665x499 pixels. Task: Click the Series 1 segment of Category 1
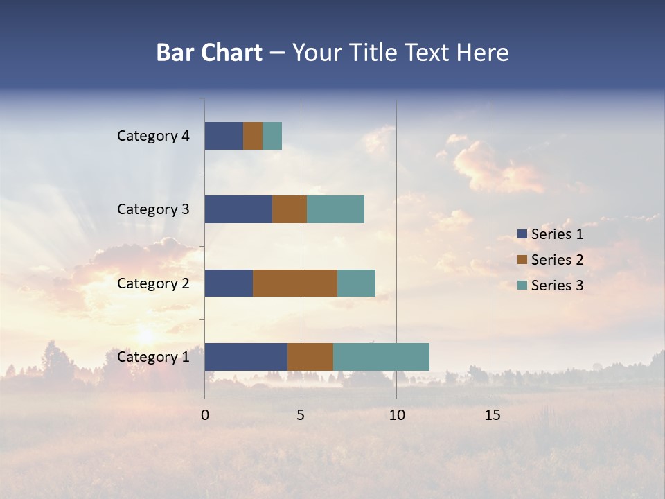tap(246, 356)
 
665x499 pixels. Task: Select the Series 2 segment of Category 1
tap(310, 356)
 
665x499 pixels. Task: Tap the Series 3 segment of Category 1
tap(381, 356)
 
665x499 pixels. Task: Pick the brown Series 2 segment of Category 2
tap(295, 283)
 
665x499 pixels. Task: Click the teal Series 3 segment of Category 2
tap(356, 283)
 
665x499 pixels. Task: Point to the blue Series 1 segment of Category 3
tap(238, 209)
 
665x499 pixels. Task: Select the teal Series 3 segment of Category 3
tap(335, 209)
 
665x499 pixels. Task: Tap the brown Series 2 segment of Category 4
tap(253, 136)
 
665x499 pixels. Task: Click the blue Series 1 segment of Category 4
tap(224, 136)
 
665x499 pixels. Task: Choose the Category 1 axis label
tap(153, 357)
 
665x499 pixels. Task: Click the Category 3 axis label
tap(153, 209)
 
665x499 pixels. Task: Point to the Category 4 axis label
tap(153, 136)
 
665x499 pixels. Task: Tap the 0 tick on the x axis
tap(205, 414)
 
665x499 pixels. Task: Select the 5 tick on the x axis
tap(301, 414)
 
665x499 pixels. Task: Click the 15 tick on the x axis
tap(493, 414)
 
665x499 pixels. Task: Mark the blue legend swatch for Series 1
tap(522, 234)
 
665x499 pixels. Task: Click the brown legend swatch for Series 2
tap(522, 260)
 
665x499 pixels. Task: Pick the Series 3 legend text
tap(557, 286)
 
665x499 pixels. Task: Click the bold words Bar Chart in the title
tap(209, 53)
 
